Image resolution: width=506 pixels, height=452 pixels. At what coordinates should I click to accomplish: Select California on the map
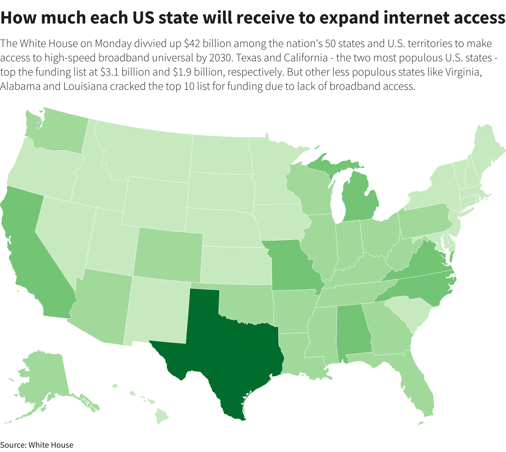coord(32,250)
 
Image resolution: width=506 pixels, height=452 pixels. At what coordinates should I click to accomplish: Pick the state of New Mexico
coord(157,310)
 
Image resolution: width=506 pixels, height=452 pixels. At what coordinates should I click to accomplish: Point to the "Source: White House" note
coord(37,445)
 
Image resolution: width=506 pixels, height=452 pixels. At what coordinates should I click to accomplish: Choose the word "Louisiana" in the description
coord(86,86)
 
